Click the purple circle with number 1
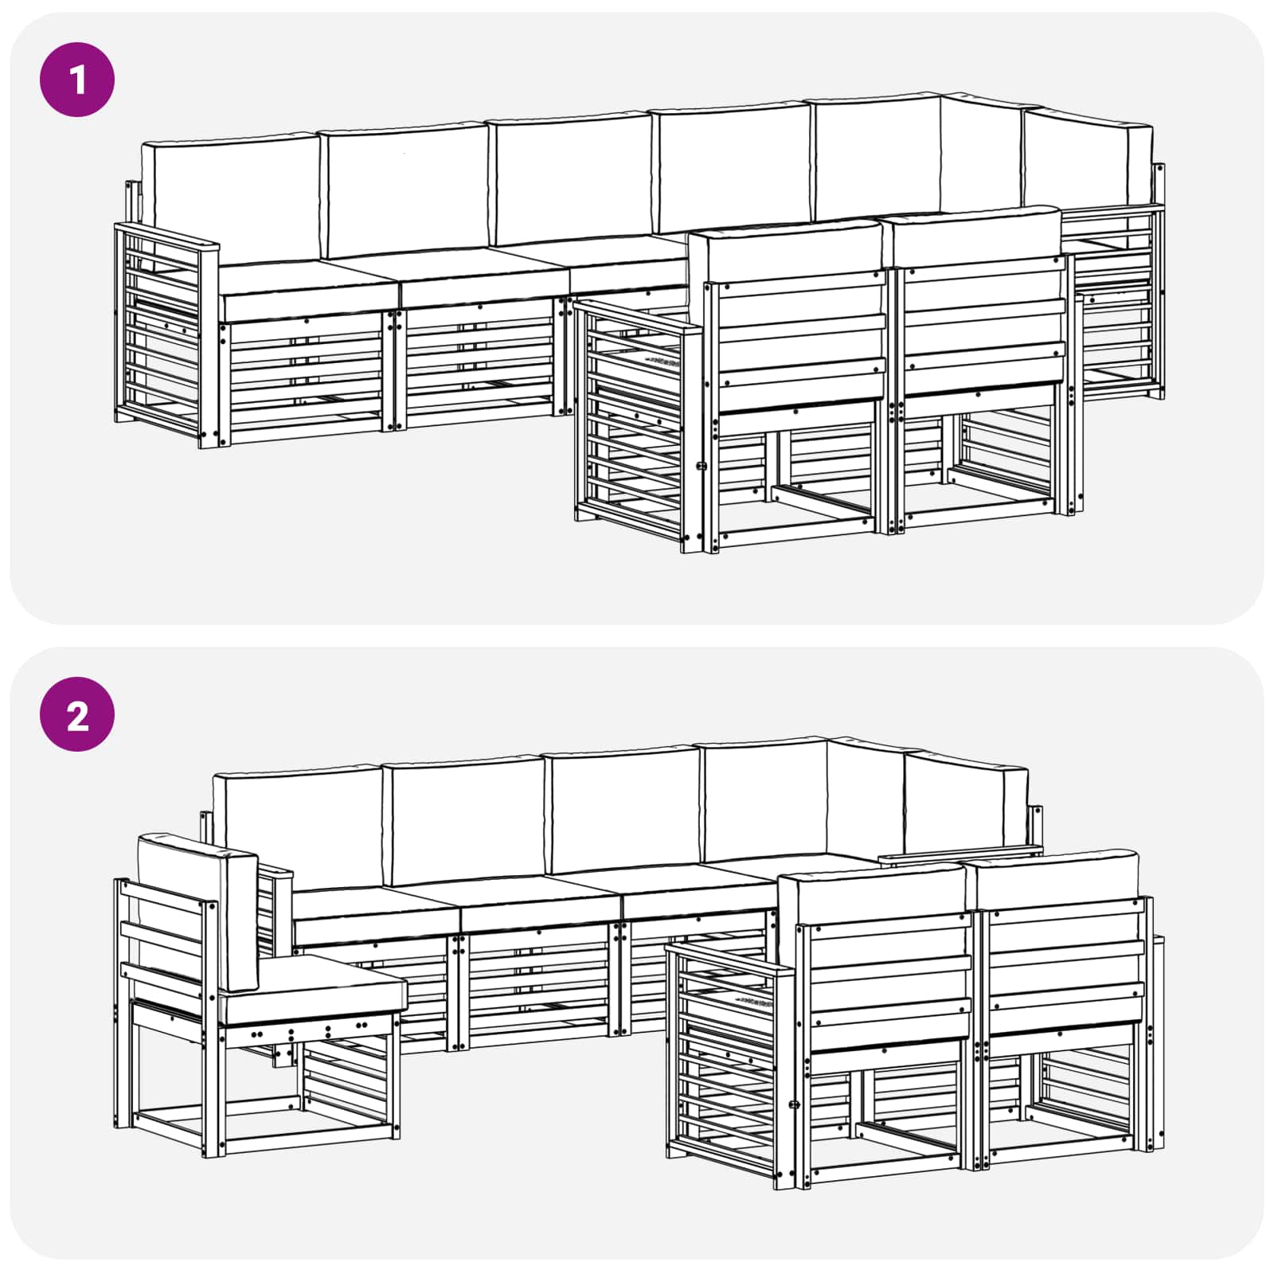tap(77, 80)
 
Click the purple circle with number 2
tap(77, 714)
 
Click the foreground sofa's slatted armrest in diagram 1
tap(633, 422)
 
